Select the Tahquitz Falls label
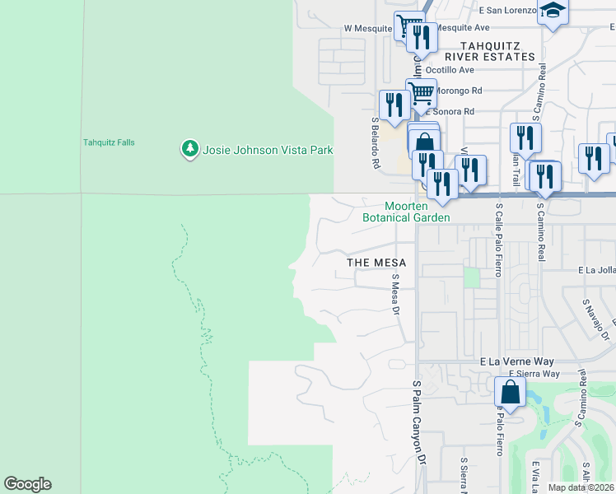[x=109, y=142]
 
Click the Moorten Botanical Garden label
[x=407, y=212]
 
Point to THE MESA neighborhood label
[x=376, y=262]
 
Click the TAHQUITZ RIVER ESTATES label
[x=490, y=51]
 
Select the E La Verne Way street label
[x=517, y=361]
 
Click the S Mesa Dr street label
[x=395, y=295]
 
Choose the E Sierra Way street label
[x=534, y=374]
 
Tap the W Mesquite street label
[x=367, y=27]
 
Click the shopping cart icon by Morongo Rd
[x=421, y=93]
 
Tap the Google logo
[x=27, y=484]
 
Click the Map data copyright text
[x=581, y=487]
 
